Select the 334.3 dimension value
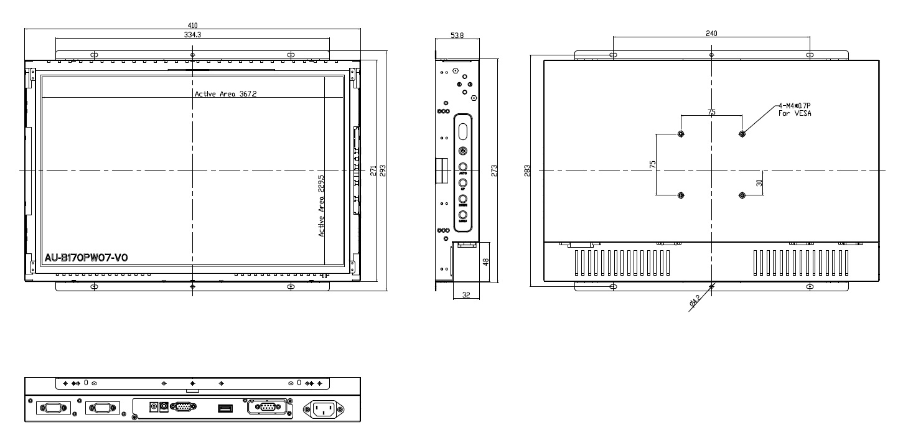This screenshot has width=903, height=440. tap(192, 35)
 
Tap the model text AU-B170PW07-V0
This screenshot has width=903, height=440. tap(87, 258)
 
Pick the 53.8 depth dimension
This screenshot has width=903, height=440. tap(457, 35)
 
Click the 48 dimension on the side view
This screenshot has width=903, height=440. tap(485, 261)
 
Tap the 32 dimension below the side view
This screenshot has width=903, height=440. tap(466, 295)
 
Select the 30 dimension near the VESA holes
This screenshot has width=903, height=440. tap(760, 183)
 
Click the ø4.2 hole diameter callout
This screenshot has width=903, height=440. tap(695, 302)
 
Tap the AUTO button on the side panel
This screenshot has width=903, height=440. tap(464, 167)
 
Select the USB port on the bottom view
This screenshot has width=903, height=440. tap(225, 408)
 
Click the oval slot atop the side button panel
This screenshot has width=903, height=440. tap(464, 131)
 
